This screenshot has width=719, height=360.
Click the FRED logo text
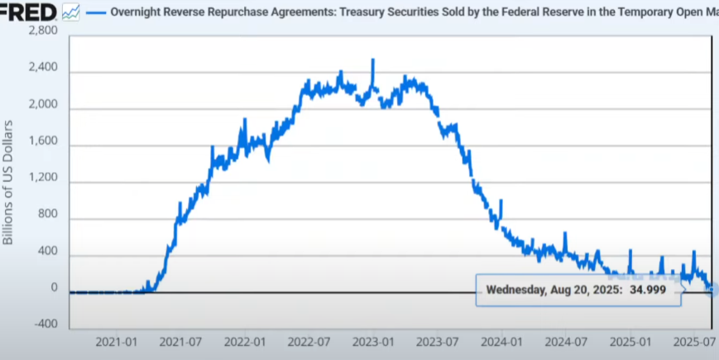coord(28,12)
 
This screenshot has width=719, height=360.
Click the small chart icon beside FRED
coord(71,12)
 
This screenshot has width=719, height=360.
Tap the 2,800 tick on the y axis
coord(42,31)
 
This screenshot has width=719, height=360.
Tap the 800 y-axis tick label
coord(48,214)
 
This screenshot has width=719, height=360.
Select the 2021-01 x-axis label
coord(117,341)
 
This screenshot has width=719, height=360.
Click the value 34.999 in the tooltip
coord(648,290)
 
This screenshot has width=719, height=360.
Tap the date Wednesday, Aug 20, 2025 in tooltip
coord(550,290)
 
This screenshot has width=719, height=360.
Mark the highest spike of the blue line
coord(373,60)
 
